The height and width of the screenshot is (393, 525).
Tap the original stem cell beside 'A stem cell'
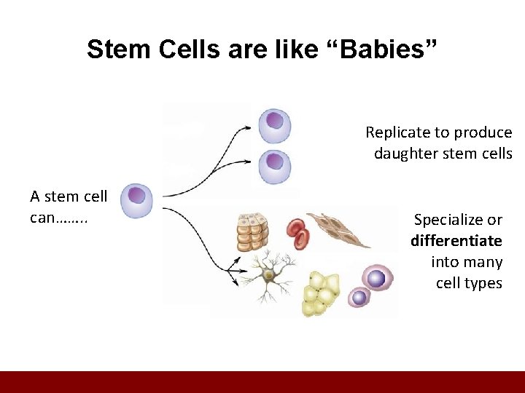(136, 201)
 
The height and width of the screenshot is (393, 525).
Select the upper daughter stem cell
(275, 124)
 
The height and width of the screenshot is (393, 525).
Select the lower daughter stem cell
(275, 166)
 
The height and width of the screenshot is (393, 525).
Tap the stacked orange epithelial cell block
(252, 231)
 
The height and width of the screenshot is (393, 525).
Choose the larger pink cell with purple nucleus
(377, 279)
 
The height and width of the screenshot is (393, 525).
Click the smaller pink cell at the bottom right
(359, 297)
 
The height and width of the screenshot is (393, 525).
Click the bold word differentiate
(456, 241)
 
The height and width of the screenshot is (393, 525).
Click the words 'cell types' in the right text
(469, 283)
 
